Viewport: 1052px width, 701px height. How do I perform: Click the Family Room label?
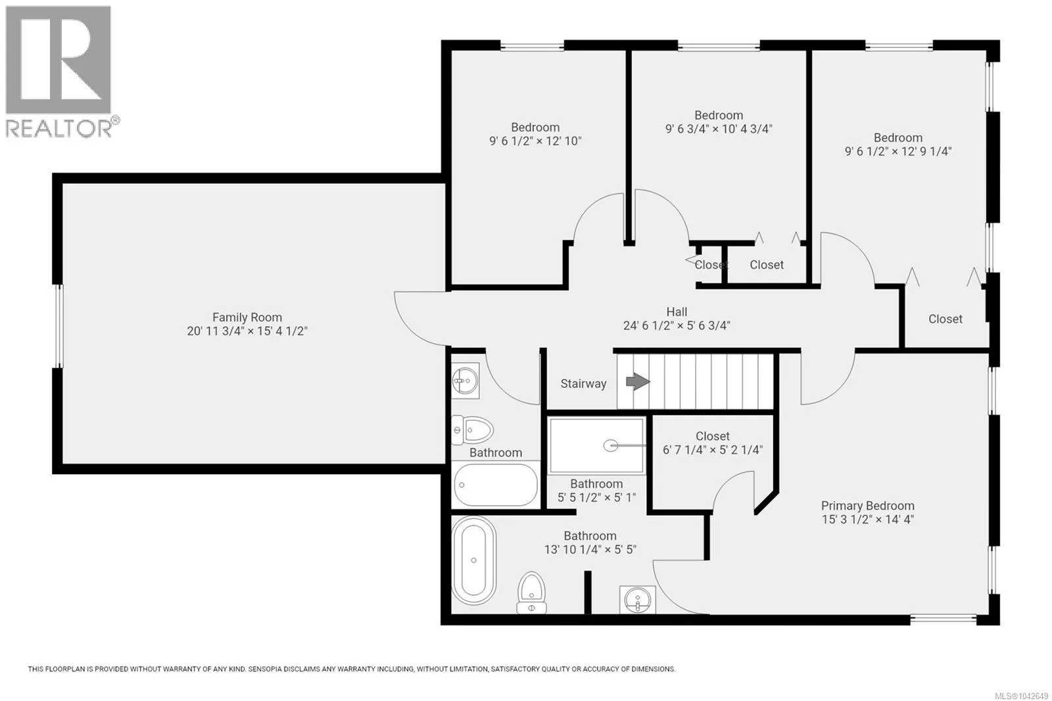click(x=247, y=318)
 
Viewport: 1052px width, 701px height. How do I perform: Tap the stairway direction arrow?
click(x=638, y=381)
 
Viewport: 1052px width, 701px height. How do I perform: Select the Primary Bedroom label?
click(x=867, y=506)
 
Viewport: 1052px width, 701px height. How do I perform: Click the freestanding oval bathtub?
click(x=474, y=560)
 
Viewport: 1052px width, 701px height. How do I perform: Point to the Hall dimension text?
click(x=677, y=326)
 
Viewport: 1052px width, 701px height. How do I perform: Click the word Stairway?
click(x=583, y=384)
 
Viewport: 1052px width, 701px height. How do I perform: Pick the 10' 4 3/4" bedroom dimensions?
click(x=719, y=129)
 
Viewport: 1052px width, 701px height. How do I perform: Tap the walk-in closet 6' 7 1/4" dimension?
click(x=713, y=450)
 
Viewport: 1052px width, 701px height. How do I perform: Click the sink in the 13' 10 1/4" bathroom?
click(x=637, y=600)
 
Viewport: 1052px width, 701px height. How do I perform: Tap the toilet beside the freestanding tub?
click(x=532, y=593)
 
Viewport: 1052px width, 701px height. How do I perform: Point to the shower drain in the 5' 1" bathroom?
click(x=611, y=445)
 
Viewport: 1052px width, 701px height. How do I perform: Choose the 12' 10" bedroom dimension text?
click(x=535, y=141)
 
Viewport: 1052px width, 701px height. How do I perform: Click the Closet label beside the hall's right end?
click(x=945, y=319)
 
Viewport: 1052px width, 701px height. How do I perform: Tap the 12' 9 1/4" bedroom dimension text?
click(x=898, y=151)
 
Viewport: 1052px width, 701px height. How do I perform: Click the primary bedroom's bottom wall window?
click(x=944, y=619)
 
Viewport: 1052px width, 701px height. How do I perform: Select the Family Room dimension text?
click(x=247, y=331)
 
